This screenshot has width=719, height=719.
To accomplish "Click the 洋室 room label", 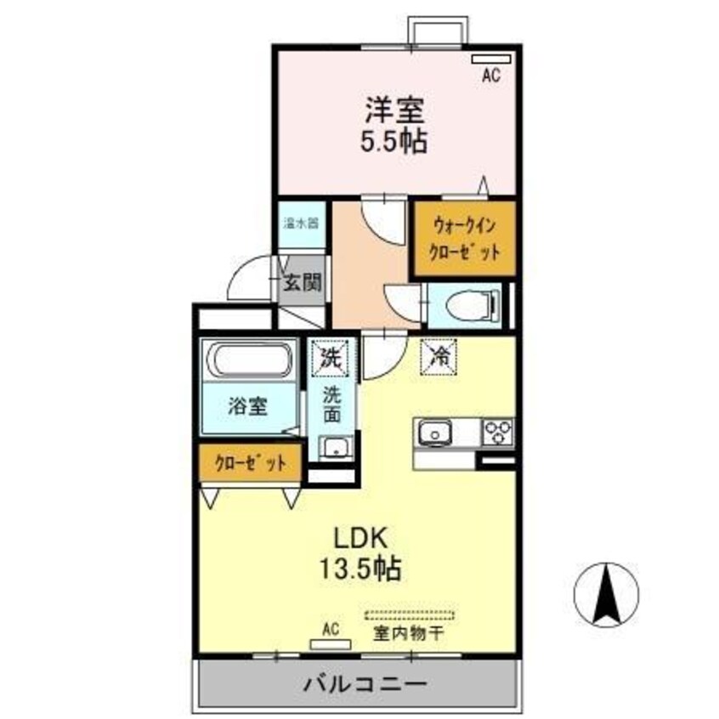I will pyautogui.click(x=395, y=110).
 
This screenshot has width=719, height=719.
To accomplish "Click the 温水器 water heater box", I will pyautogui.click(x=300, y=225).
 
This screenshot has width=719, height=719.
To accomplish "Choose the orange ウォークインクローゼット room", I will pyautogui.click(x=463, y=239).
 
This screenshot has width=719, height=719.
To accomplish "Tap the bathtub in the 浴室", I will pyautogui.click(x=250, y=360).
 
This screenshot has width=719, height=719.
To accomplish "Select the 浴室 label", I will pyautogui.click(x=247, y=405).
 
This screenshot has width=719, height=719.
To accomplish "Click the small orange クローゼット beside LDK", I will pyautogui.click(x=250, y=464).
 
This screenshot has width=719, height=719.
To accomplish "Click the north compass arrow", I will pyautogui.click(x=607, y=592).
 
